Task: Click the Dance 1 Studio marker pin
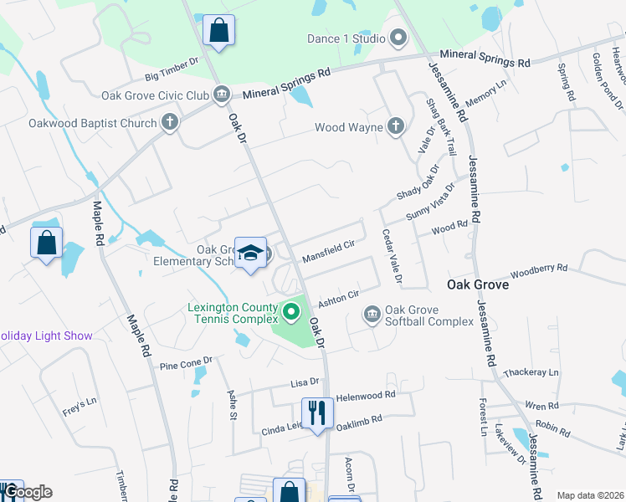398,38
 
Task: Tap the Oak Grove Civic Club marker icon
222,95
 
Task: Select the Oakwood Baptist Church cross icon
170,123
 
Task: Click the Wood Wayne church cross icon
396,127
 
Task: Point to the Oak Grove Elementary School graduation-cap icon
249,254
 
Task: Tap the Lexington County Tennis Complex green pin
291,313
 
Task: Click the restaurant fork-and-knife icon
317,412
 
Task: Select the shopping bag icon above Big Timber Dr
218,30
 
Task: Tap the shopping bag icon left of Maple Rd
47,243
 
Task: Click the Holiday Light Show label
46,336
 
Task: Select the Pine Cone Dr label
186,365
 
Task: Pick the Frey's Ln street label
80,407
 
